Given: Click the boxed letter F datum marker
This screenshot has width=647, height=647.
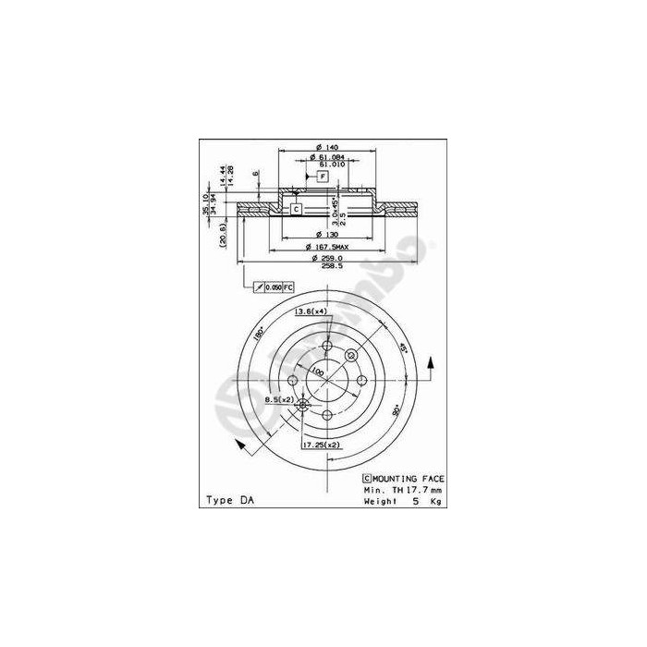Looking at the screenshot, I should tap(323, 176).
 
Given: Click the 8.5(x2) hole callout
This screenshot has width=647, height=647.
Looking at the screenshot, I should tap(279, 398).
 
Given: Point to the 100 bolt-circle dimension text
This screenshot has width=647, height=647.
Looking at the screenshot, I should tap(317, 372).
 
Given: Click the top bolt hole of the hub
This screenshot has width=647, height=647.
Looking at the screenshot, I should tap(326, 348).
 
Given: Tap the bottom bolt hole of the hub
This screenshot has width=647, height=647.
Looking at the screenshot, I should tap(326, 415).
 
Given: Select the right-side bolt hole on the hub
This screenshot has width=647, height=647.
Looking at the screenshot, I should tap(360, 382).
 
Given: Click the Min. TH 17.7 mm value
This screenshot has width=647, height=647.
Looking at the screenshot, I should tap(403, 489).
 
